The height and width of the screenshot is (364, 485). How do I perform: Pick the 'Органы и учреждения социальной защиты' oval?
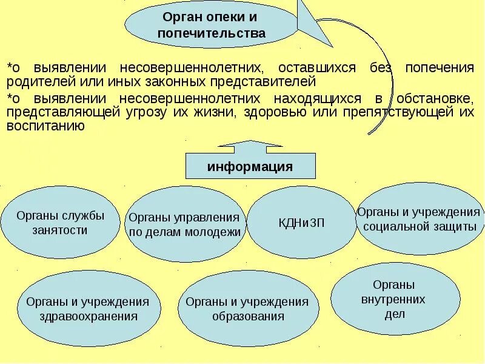(x=418, y=218)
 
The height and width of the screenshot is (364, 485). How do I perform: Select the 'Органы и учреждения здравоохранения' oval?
(x=88, y=308)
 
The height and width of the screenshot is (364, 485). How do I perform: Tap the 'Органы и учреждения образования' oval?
(x=247, y=308)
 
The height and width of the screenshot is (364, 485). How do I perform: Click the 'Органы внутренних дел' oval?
(x=394, y=298)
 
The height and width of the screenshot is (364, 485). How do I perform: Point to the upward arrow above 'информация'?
(x=250, y=146)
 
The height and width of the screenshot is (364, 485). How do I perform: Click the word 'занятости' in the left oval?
(x=60, y=230)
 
